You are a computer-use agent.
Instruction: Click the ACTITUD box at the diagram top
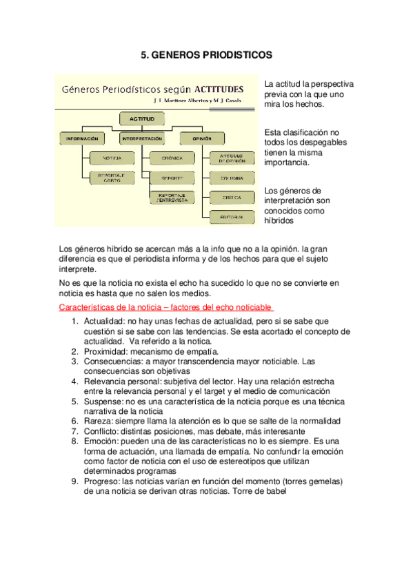coord(142,119)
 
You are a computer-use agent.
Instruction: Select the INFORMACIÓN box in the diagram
coord(82,138)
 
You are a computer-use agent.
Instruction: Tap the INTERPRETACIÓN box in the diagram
coord(142,138)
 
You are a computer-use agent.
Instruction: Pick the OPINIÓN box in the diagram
coord(197,138)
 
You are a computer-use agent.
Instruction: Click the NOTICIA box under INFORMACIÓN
coord(112,158)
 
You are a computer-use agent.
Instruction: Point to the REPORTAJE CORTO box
coord(112,178)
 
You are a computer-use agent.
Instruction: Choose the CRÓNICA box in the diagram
coord(172,158)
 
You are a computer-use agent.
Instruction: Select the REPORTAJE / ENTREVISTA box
coord(172,198)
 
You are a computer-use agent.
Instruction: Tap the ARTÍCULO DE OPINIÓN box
coord(231,158)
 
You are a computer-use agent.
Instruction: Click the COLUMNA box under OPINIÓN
coord(231,178)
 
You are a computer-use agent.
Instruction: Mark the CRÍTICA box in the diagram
coord(231,196)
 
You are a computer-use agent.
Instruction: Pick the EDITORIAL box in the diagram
coord(231,217)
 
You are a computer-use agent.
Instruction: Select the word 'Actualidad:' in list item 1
coord(103,321)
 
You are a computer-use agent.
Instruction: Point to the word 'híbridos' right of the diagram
coord(279,221)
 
